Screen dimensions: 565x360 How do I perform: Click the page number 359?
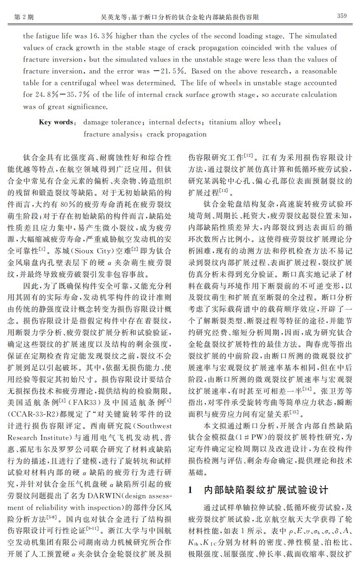coord(342,16)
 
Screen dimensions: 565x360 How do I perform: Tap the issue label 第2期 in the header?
coord(24,17)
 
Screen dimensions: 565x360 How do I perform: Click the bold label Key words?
coord(57,122)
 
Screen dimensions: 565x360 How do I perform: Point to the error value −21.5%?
coord(167,71)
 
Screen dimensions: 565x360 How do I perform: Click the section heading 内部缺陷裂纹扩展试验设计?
coord(266,490)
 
